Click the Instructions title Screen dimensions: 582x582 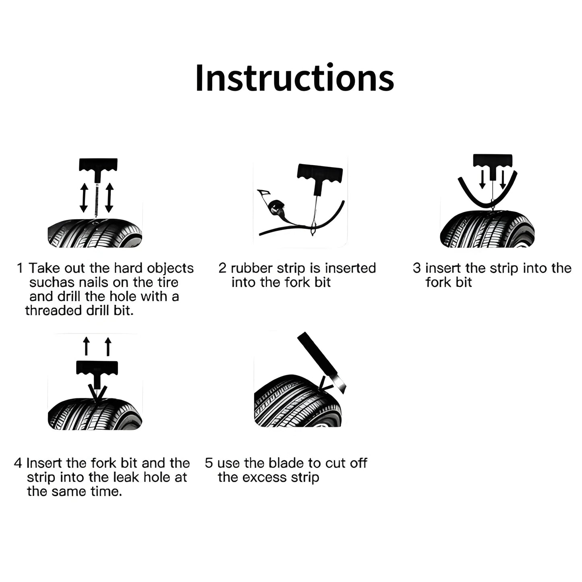[294, 78]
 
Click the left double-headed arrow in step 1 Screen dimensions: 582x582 [84, 197]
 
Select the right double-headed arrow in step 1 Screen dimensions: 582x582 [110, 197]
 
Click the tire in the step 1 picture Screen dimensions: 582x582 [95, 233]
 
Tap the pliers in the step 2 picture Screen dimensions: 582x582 [273, 206]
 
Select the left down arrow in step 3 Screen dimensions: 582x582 [483, 179]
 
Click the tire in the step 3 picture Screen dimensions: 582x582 [487, 230]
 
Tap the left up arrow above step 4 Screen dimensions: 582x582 [86, 346]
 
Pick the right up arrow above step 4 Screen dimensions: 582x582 [108, 346]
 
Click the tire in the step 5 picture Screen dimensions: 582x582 [298, 402]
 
